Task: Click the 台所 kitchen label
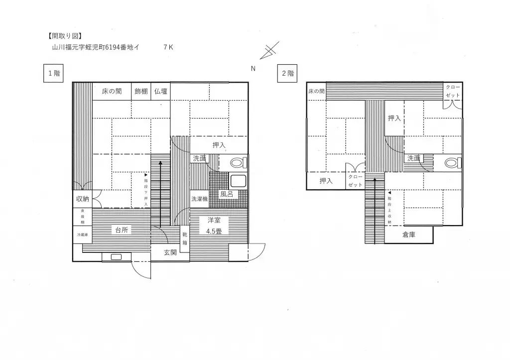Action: coord(122,230)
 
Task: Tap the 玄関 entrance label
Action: coord(170,252)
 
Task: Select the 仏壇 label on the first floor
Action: coord(160,91)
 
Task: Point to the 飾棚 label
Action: coord(141,91)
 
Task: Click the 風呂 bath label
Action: coord(227,195)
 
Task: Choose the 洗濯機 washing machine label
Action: coord(199,199)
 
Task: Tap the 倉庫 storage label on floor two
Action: coord(408,235)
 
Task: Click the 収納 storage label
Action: coord(82,199)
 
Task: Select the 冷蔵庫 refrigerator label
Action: coord(82,235)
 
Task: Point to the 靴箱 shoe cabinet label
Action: coord(185,239)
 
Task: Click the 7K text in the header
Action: coord(168,48)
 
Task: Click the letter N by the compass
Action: coord(253,69)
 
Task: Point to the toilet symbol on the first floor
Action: coord(237,163)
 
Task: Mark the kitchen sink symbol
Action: coord(117,257)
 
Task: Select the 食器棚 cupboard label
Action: coord(82,217)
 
